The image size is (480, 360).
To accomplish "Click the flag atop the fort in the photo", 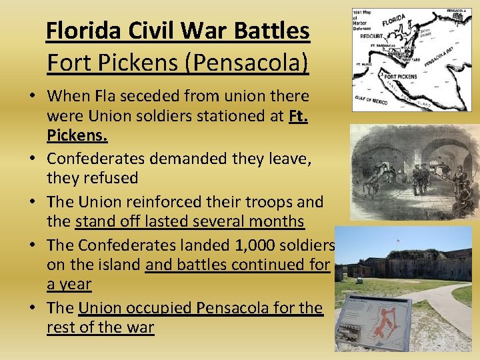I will pyautogui.click(x=399, y=241).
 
